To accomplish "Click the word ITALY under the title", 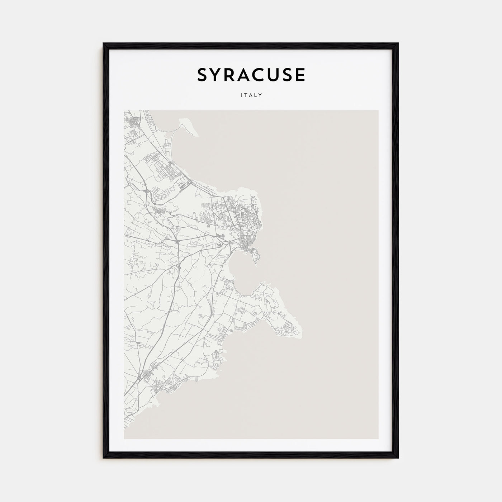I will [x=251, y=95].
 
